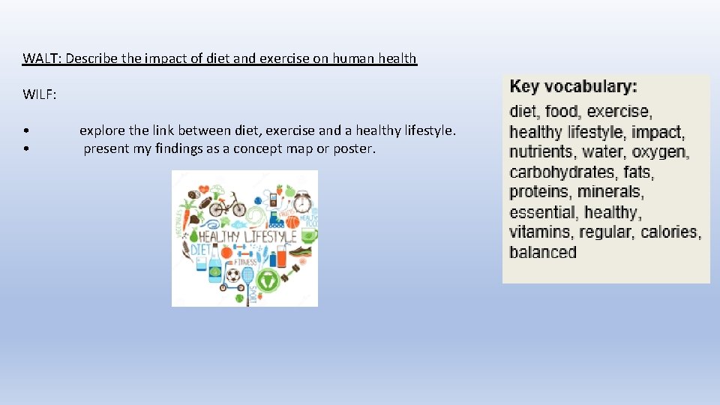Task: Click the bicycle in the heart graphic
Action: pyautogui.click(x=227, y=203)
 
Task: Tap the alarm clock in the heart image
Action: pyautogui.click(x=302, y=202)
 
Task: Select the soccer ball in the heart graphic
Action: pyautogui.click(x=233, y=277)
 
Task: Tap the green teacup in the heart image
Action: pyautogui.click(x=308, y=235)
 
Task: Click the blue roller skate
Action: pyautogui.click(x=277, y=220)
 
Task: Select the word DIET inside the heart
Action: pyautogui.click(x=200, y=250)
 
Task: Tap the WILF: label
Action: pyautogui.click(x=40, y=95)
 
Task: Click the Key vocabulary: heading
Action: pyautogui.click(x=574, y=86)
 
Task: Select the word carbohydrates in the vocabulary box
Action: pyautogui.click(x=563, y=172)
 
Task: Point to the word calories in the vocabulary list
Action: pyautogui.click(x=670, y=232)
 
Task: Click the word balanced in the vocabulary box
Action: pyautogui.click(x=543, y=253)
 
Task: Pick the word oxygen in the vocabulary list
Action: pyautogui.click(x=660, y=152)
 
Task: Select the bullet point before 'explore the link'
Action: pyautogui.click(x=25, y=131)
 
